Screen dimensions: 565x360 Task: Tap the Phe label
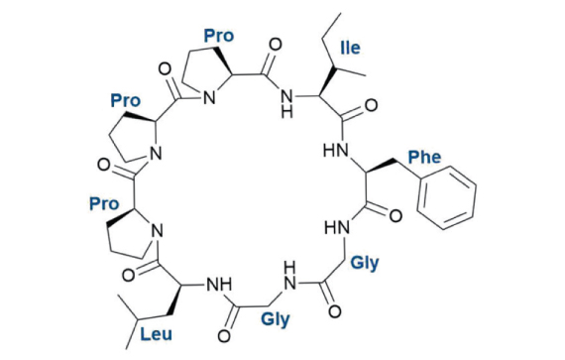pyautogui.click(x=423, y=157)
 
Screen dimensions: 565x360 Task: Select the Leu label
pyautogui.click(x=154, y=335)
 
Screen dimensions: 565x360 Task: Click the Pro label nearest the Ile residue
pyautogui.click(x=218, y=35)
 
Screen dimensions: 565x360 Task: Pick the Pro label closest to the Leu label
pyautogui.click(x=104, y=203)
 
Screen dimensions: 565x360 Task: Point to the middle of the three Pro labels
pyautogui.click(x=125, y=101)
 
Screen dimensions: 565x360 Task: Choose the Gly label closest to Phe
pyautogui.click(x=365, y=265)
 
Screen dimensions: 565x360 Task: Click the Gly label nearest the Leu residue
pyautogui.click(x=276, y=320)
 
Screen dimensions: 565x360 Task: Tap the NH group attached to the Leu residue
pyautogui.click(x=216, y=285)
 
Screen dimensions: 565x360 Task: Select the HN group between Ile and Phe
pyautogui.click(x=338, y=152)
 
